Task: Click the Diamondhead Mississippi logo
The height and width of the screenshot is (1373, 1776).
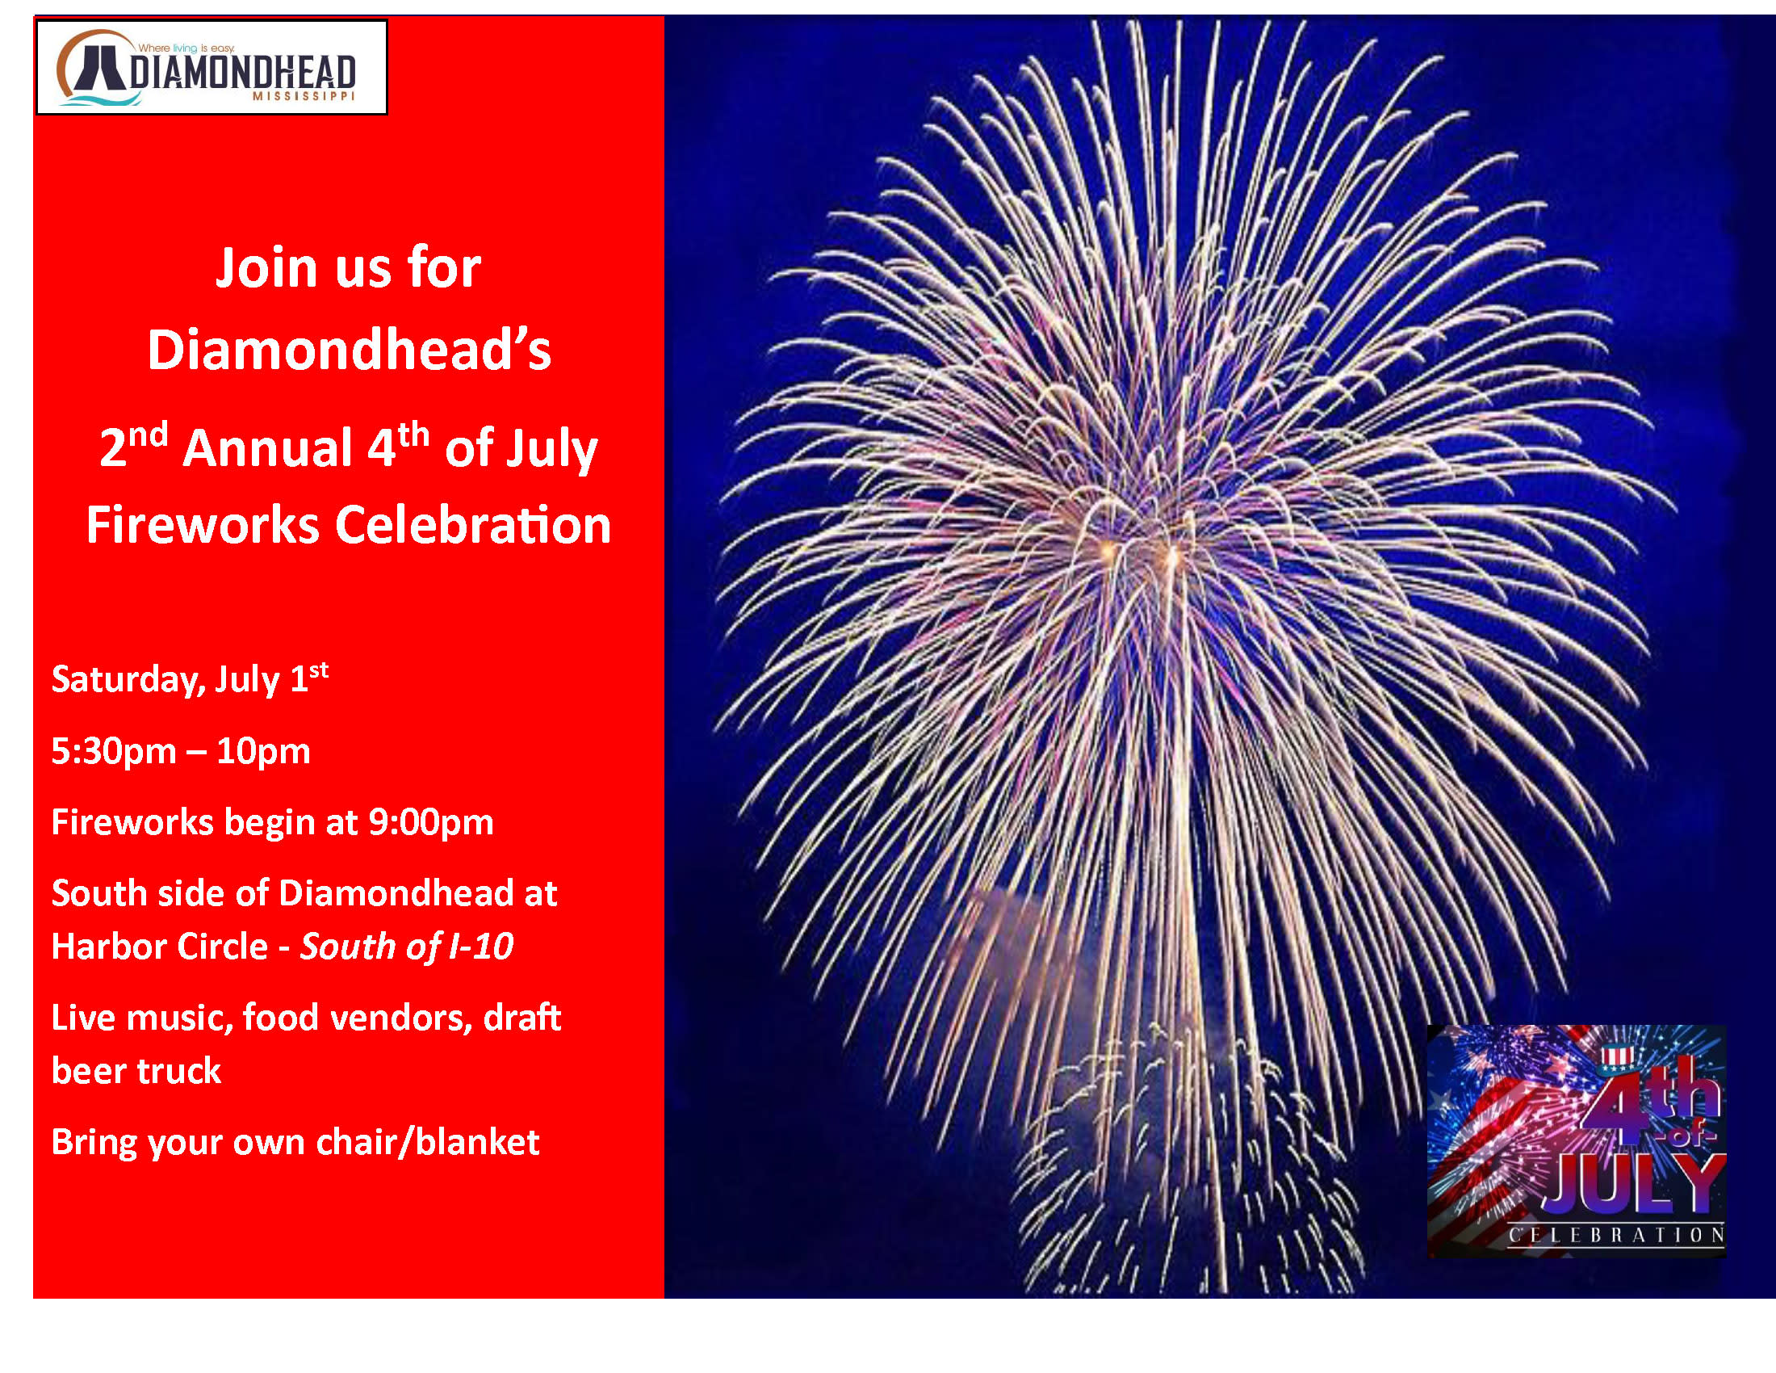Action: click(x=212, y=67)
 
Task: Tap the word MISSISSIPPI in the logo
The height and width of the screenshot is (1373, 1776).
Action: click(x=304, y=96)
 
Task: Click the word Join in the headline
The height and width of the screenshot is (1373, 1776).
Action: click(x=266, y=269)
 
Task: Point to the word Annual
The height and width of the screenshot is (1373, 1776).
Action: click(x=267, y=449)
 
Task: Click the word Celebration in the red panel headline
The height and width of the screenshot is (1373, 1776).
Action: click(x=473, y=525)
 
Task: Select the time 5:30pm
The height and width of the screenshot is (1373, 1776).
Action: click(x=114, y=752)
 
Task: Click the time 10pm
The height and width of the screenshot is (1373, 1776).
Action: click(x=263, y=752)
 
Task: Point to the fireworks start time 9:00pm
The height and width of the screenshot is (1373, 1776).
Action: click(x=431, y=822)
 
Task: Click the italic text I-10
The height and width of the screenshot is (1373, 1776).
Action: click(x=481, y=946)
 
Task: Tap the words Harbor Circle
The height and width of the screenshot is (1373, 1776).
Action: click(x=160, y=946)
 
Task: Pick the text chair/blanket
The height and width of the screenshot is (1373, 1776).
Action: click(x=428, y=1142)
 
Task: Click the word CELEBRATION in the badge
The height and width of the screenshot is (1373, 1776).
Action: click(x=1617, y=1236)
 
